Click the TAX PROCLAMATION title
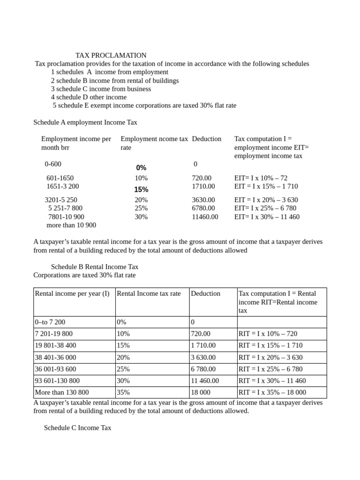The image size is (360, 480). [111, 55]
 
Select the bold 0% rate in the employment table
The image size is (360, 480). [141, 168]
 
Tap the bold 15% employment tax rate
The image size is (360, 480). [141, 190]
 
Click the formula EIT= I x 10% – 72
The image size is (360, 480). [261, 178]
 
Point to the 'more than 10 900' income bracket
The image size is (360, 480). [71, 225]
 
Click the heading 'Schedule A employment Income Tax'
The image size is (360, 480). [85, 122]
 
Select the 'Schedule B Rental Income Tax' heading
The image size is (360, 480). [95, 267]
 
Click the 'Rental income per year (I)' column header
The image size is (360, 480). [72, 294]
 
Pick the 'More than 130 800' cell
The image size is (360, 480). [62, 393]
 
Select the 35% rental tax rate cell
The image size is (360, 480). [123, 393]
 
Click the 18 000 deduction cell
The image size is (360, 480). [201, 393]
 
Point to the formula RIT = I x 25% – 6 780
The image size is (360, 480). [271, 369]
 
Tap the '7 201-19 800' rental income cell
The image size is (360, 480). [54, 334]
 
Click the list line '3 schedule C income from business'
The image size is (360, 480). [101, 89]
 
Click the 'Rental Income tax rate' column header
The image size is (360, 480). [149, 294]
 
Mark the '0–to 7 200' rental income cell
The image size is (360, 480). [50, 322]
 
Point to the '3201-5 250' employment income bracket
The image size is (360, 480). [61, 200]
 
